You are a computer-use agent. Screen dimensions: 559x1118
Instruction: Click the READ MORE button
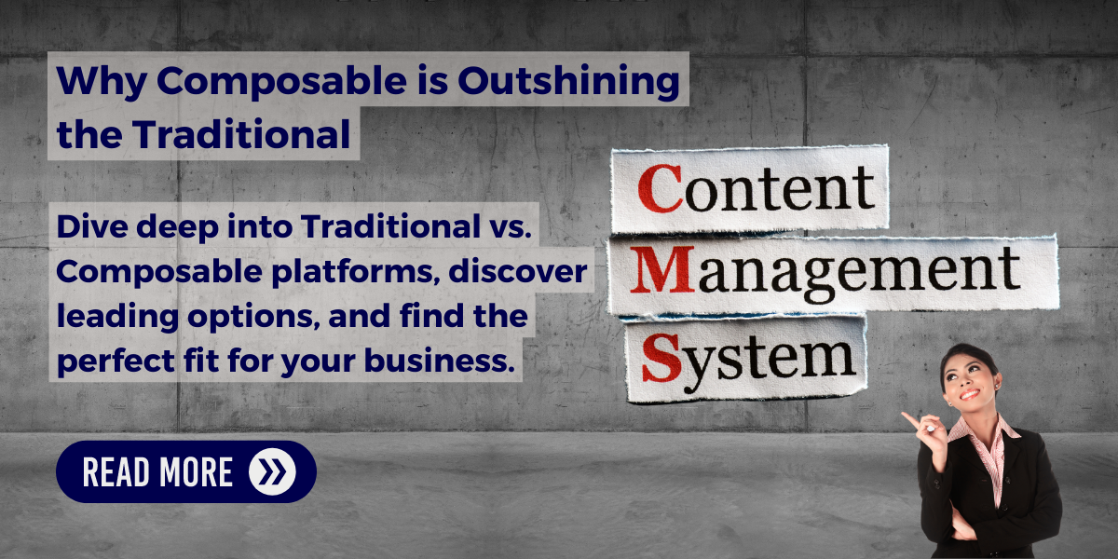tap(186, 471)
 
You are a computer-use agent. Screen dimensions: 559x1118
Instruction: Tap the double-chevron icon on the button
tap(272, 471)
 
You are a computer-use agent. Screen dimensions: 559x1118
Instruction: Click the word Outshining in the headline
tap(568, 82)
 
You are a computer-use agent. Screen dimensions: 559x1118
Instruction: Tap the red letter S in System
tap(660, 357)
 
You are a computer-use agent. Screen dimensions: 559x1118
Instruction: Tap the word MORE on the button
tap(196, 472)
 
